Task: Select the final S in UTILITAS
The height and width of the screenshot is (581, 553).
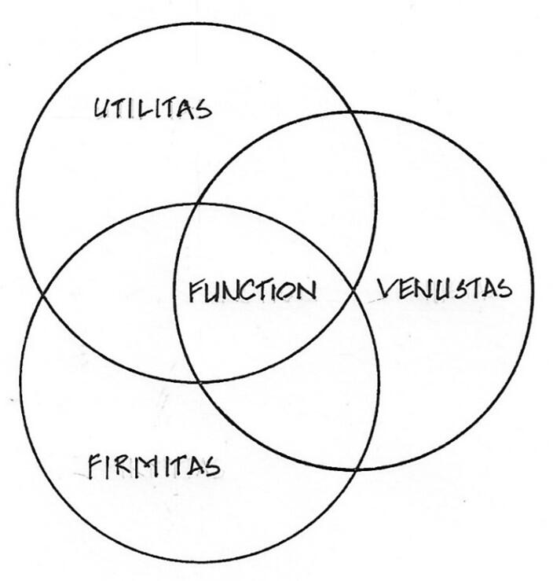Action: coord(203,108)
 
